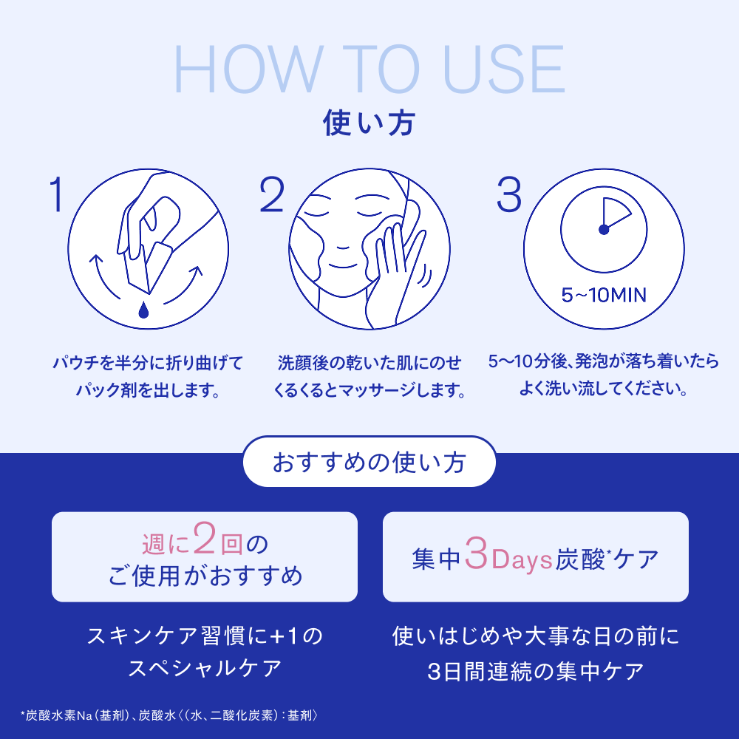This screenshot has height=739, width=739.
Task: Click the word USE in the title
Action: (x=504, y=69)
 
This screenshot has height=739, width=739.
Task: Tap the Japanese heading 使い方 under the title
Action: (x=369, y=123)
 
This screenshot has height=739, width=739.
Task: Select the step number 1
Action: (x=57, y=194)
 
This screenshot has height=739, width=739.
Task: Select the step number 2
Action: (x=273, y=194)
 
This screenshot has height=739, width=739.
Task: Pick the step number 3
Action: (x=509, y=194)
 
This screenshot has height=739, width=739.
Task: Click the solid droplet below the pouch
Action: (x=143, y=310)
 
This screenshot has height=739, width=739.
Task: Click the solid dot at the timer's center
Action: (x=604, y=230)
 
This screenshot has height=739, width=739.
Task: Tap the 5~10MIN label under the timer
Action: (x=604, y=295)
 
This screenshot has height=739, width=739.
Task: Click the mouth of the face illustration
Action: (x=343, y=266)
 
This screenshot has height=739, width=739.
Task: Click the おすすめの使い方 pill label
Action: (x=369, y=462)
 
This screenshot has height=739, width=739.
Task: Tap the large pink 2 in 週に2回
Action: (x=205, y=537)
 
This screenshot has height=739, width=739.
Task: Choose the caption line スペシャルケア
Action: (x=205, y=669)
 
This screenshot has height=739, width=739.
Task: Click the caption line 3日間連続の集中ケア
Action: (x=535, y=672)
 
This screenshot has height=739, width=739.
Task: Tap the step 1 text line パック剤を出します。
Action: (x=148, y=389)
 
